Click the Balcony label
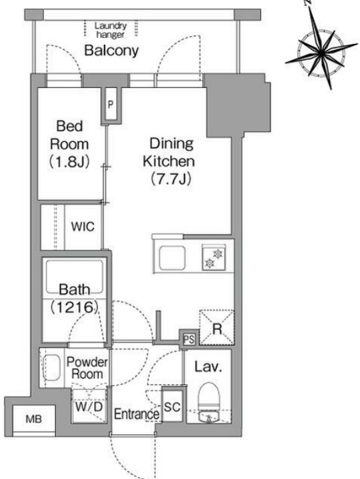[111, 51]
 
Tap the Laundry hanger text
[110, 30]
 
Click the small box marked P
[111, 105]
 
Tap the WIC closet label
[83, 227]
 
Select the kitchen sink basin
[172, 257]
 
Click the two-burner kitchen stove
[213, 257]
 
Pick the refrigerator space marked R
[217, 328]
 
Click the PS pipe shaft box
[189, 339]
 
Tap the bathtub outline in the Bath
[74, 276]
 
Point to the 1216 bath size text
[74, 307]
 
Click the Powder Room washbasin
[52, 368]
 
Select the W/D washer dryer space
[89, 406]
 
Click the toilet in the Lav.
[209, 396]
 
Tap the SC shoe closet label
[172, 406]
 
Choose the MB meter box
[33, 419]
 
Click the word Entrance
[137, 414]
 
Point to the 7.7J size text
[171, 179]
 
